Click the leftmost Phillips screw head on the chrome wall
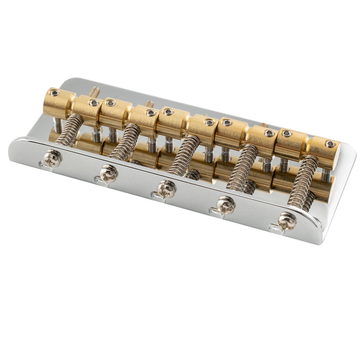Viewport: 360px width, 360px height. coord(52,158)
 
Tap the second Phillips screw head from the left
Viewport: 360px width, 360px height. coord(109,173)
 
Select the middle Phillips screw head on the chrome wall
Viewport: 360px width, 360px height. coord(167,189)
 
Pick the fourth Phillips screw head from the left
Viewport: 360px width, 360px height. coord(226,205)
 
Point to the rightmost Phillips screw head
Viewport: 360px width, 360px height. coord(286,221)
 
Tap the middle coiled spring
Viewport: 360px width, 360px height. coord(184,154)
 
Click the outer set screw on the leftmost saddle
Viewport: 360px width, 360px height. coord(53,93)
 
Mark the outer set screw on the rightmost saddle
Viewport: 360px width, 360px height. coord(330,144)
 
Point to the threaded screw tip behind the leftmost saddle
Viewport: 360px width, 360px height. coord(95,92)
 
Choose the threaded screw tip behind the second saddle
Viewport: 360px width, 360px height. coord(149,104)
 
